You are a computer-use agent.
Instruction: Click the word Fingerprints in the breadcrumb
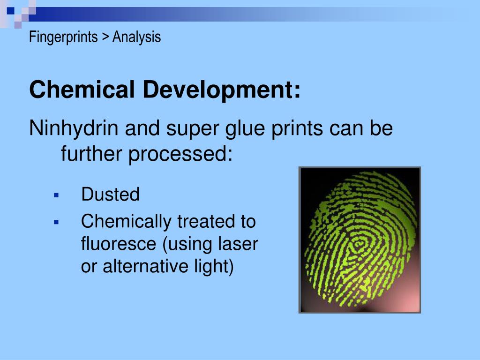tap(63, 37)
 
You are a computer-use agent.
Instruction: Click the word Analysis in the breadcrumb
tap(136, 37)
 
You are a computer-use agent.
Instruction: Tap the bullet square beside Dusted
tap(56, 195)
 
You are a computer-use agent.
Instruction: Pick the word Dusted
tap(110, 194)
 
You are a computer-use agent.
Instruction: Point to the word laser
tap(239, 244)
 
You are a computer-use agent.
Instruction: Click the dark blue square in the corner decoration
tap(10, 9)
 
